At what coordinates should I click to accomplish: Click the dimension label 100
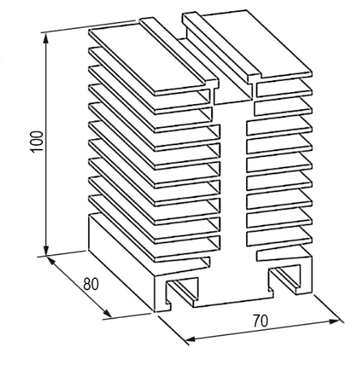37,142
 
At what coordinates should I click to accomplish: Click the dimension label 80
91,284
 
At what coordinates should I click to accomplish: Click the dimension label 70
260,321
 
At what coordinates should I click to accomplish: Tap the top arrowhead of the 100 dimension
46,38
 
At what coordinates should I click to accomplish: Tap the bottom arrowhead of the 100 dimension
46,250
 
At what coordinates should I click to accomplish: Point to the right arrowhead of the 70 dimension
334,321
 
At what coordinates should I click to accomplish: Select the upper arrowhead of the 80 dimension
51,260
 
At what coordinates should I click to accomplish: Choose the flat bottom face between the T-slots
232,302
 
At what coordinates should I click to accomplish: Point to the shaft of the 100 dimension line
46,144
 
